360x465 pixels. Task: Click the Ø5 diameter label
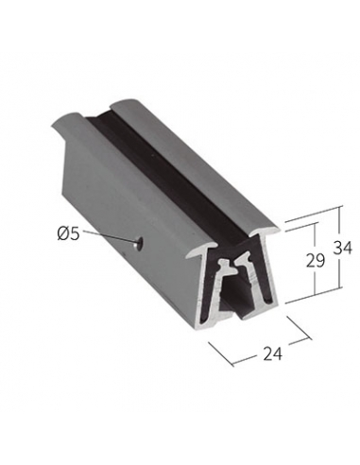coord(68,233)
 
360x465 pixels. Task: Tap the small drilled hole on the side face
coord(138,243)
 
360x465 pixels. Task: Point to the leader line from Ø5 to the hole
coord(108,236)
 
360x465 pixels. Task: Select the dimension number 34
coord(342,248)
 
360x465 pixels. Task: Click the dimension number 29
coord(316,261)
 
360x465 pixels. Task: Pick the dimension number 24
coord(272,353)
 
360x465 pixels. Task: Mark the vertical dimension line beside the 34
coord(340,247)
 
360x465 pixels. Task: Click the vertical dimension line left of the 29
coord(315,259)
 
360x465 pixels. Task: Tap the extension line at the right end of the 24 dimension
coord(299,328)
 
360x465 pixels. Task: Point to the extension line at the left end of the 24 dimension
coord(221,354)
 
